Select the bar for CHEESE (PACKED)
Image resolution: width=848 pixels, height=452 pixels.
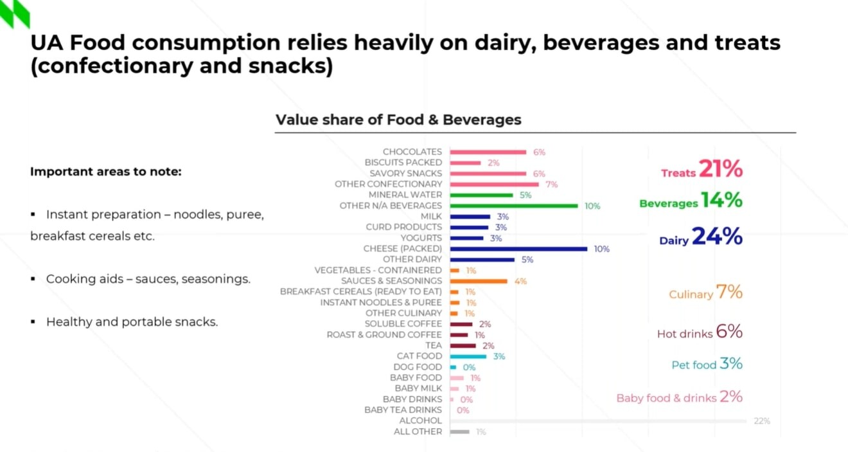point(518,249)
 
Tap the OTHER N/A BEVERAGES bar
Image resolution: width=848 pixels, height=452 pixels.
point(514,206)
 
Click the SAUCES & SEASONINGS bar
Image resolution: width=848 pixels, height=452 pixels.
point(479,281)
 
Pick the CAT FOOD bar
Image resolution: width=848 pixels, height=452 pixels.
point(468,356)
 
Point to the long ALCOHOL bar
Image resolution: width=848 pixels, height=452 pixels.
point(598,421)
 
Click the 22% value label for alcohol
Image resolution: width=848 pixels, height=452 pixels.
point(761,421)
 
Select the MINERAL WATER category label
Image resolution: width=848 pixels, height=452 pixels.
point(405,195)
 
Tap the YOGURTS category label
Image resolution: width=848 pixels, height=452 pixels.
point(421,238)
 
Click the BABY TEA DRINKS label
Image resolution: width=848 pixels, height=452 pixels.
point(403,410)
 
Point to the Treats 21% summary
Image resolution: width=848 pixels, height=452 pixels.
point(702,170)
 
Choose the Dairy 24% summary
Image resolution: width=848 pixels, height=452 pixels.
point(701,238)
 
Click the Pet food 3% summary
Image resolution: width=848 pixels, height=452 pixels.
point(707,364)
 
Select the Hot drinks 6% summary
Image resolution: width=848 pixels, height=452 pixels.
point(700,332)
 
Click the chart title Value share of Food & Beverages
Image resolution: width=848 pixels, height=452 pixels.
point(398,120)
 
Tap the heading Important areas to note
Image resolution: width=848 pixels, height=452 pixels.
point(106,172)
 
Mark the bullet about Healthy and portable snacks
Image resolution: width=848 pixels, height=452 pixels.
point(132,321)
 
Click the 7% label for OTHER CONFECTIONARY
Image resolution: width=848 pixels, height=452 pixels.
point(551,185)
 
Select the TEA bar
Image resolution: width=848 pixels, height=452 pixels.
point(463,345)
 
